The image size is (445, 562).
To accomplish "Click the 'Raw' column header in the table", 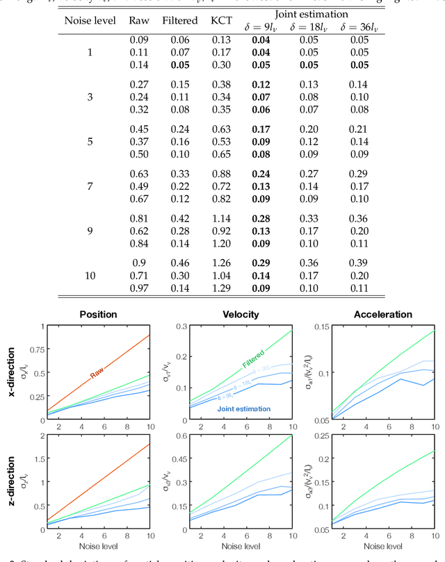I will pyautogui.click(x=139, y=20).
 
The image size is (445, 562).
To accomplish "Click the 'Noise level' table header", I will pyautogui.click(x=90, y=20).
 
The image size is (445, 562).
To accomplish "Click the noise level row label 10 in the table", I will pyautogui.click(x=90, y=275).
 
